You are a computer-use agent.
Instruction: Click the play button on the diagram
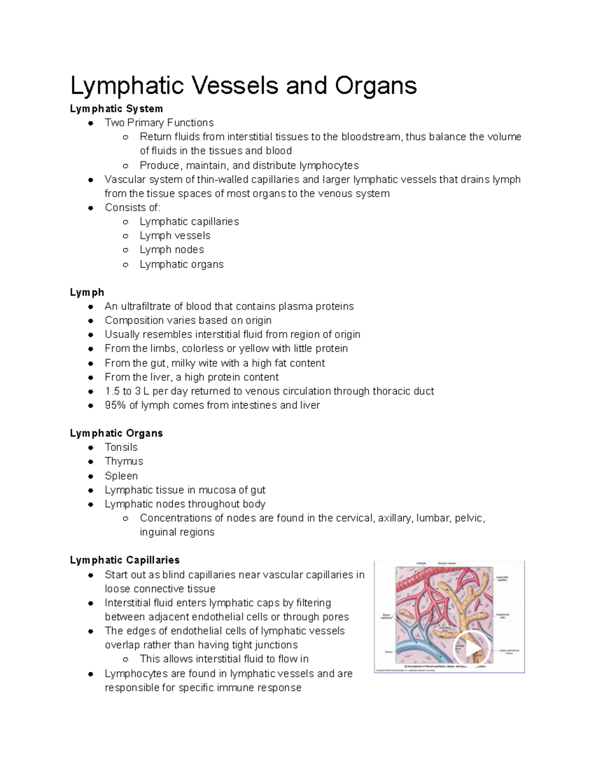(472, 648)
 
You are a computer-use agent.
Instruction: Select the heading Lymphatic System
(116, 109)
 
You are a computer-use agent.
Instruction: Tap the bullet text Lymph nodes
(172, 250)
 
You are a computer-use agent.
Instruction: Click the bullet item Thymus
(123, 461)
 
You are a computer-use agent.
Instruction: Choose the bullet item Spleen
(121, 476)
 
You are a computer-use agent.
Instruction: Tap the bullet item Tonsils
(121, 447)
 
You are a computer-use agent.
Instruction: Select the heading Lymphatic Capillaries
(124, 560)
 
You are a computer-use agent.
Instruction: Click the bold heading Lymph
(87, 292)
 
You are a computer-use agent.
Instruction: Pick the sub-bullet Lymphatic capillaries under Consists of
(189, 221)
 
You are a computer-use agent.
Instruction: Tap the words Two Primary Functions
(159, 123)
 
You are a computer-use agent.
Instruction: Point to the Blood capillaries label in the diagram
(386, 616)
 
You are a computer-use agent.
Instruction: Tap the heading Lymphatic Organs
(116, 433)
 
